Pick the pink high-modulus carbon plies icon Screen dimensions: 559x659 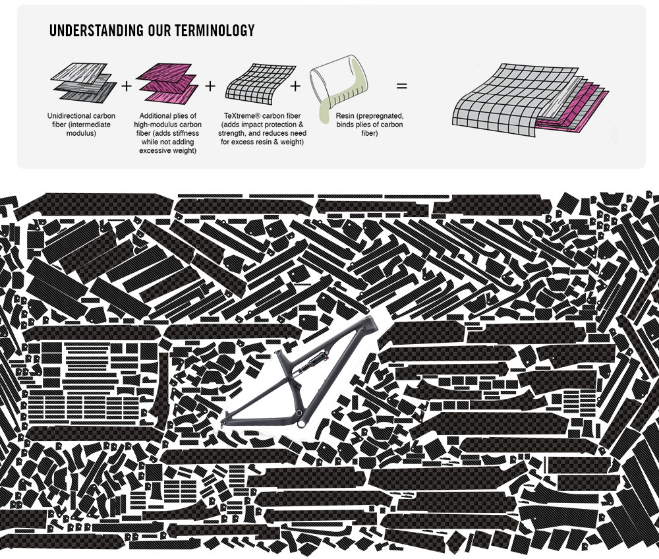[x=164, y=82]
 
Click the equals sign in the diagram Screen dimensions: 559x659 [x=401, y=86]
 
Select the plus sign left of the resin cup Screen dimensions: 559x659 [x=295, y=86]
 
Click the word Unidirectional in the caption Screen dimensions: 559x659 [x=71, y=116]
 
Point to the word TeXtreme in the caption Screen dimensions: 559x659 [x=242, y=116]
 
